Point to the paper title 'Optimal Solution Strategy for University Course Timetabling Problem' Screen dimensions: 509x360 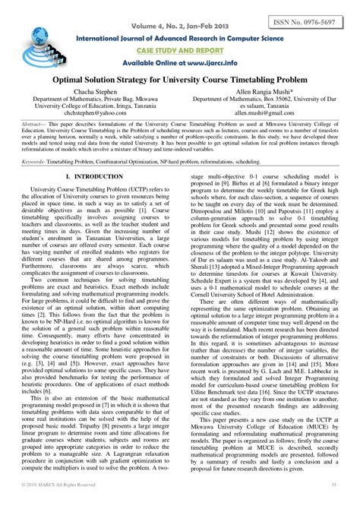click(180, 79)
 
